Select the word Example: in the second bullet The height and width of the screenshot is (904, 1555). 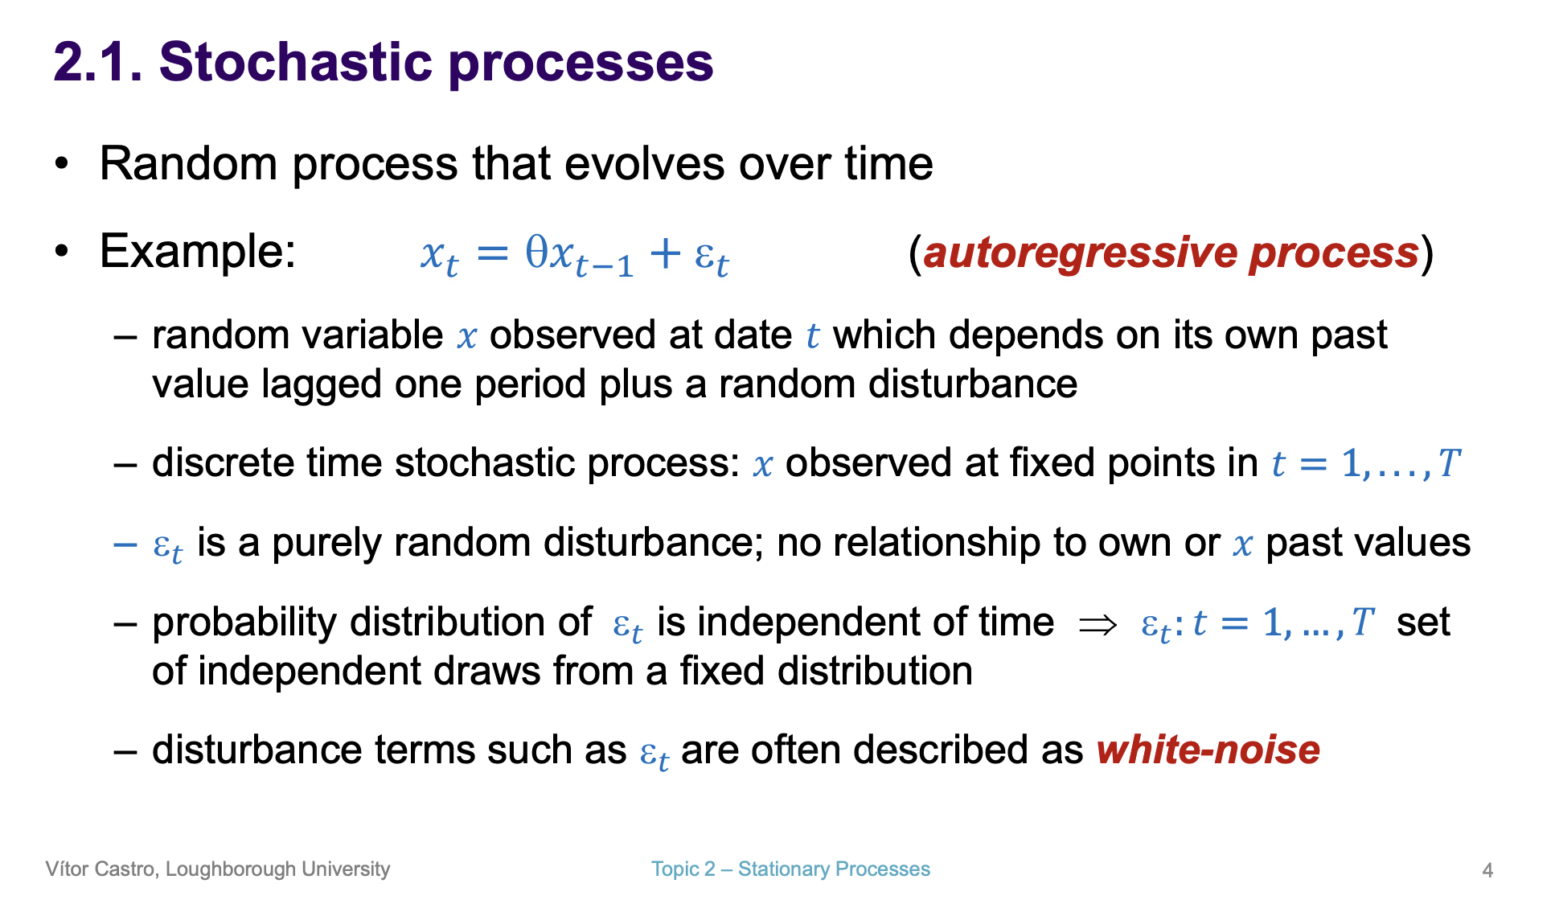click(198, 251)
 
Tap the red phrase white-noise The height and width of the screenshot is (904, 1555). click(1208, 750)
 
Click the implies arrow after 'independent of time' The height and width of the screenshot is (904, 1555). click(1098, 625)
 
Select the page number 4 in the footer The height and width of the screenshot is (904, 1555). click(1487, 870)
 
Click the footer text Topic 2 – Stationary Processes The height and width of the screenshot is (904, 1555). click(790, 869)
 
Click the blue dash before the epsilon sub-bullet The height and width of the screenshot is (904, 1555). click(125, 544)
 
